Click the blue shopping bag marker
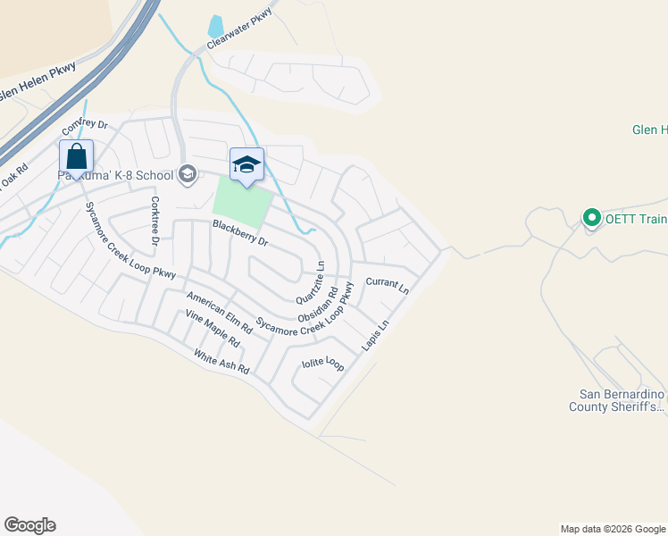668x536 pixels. [77, 156]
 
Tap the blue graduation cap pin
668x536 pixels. [246, 165]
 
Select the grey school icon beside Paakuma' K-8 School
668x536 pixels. [188, 173]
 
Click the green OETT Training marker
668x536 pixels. [590, 217]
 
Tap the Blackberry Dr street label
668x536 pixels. [239, 233]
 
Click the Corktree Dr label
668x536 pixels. [154, 221]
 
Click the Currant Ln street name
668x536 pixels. [387, 287]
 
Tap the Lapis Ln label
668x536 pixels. [377, 335]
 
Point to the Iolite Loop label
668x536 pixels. [322, 364]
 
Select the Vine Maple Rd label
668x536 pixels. [213, 329]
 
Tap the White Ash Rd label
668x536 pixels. [221, 361]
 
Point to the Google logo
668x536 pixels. [29, 525]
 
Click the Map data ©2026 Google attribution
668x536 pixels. [613, 529]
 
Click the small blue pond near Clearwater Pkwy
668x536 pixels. [215, 29]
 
